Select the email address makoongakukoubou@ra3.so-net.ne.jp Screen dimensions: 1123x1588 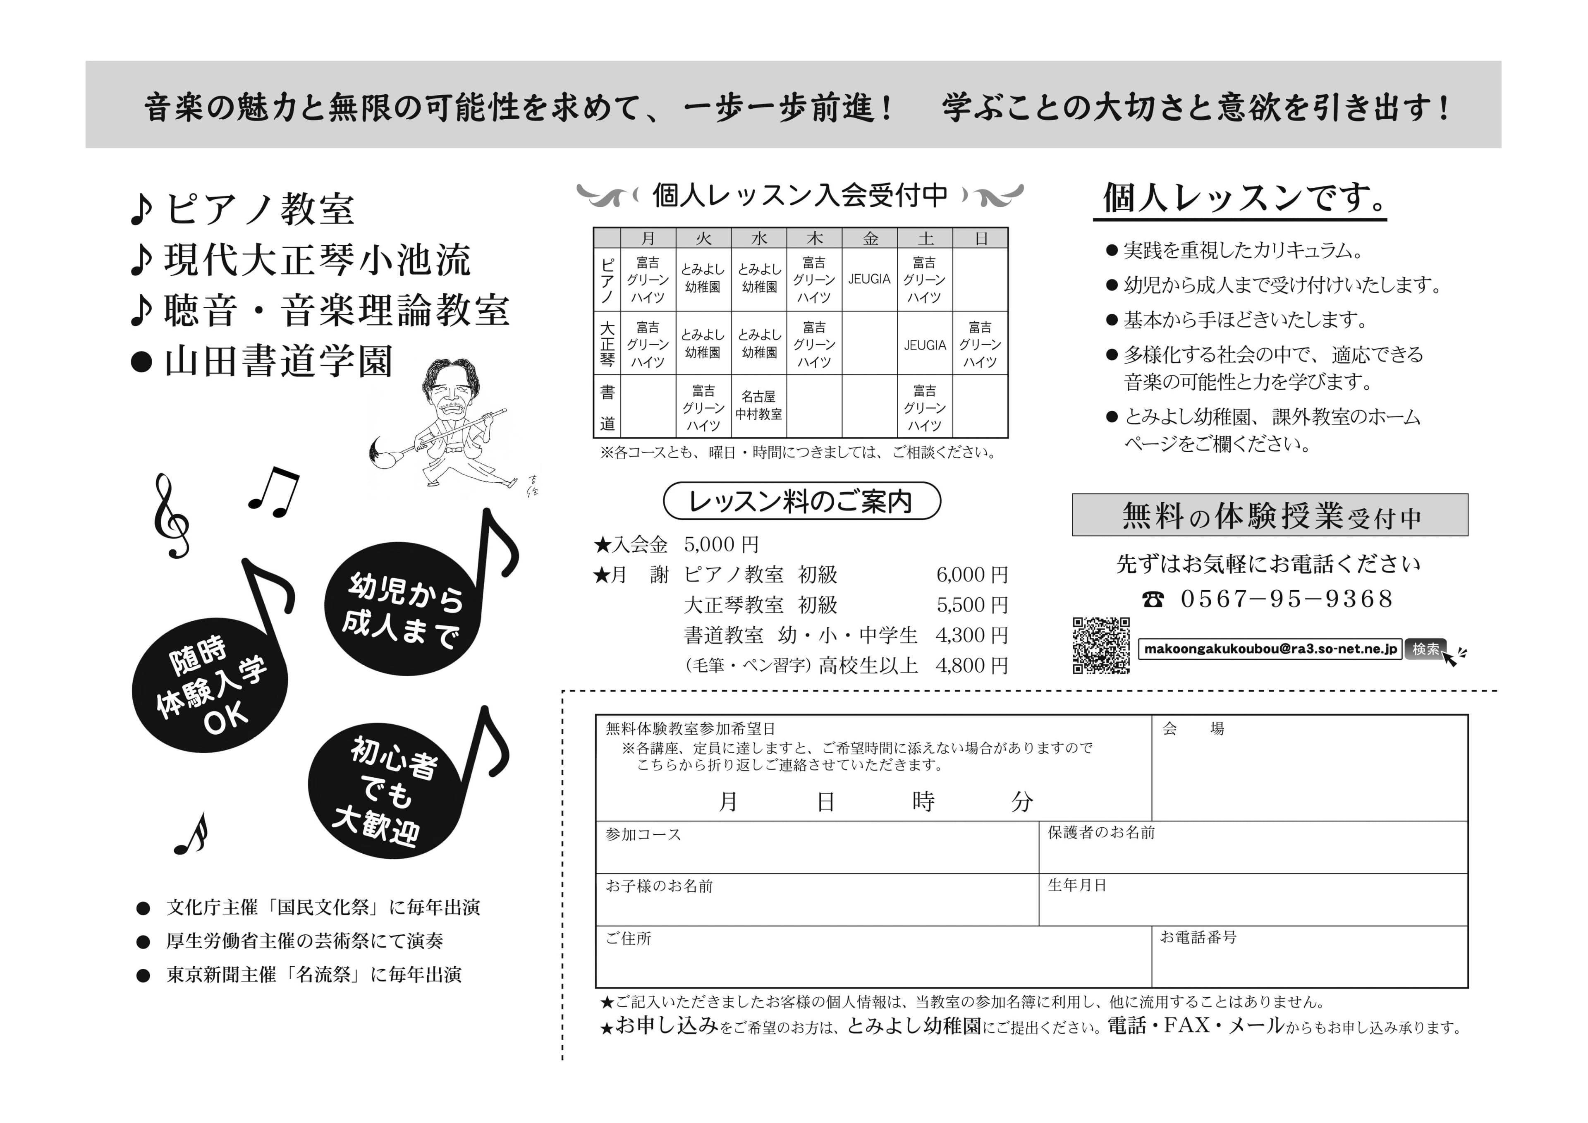pos(1270,649)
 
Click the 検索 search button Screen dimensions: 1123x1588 pos(1425,649)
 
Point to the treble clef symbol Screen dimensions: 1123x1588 pos(171,515)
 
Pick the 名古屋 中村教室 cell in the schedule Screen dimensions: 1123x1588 pos(759,405)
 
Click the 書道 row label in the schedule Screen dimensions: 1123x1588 pos(607,407)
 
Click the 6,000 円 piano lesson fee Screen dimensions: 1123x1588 pos(972,574)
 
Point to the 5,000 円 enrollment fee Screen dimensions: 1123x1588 pos(721,545)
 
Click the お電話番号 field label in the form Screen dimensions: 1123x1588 pos(1198,938)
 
